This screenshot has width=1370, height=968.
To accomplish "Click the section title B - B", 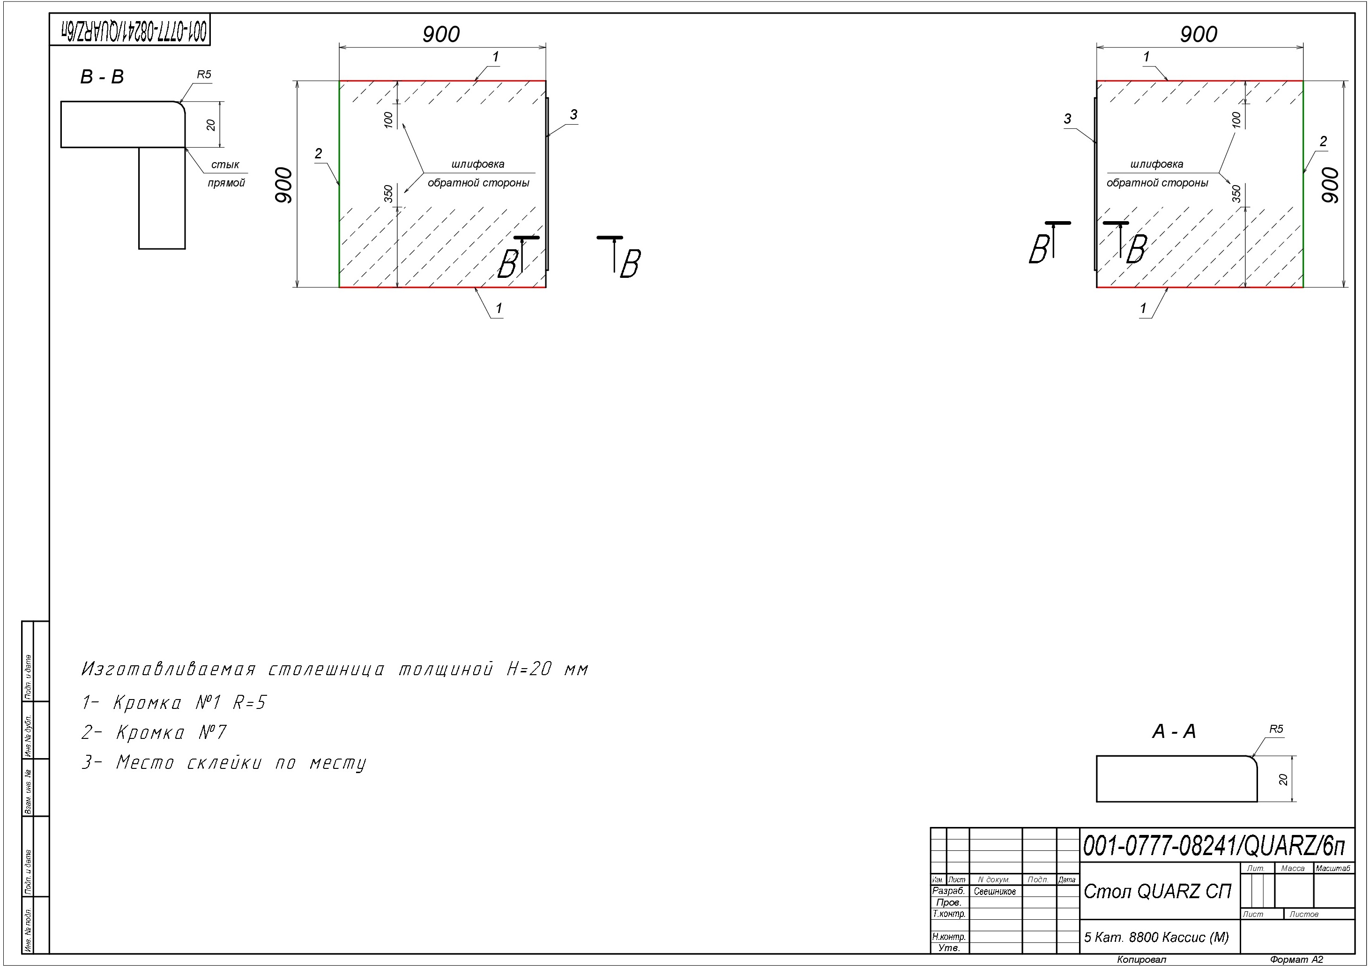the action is point(102,77).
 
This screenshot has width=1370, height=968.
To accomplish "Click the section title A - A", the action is point(1174,731).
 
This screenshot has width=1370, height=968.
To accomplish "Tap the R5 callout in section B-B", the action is point(204,74).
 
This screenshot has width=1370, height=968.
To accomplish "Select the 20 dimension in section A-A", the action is point(1283,779).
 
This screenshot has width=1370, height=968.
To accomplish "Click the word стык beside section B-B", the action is point(225,165).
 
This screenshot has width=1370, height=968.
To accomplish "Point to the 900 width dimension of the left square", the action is point(441,34).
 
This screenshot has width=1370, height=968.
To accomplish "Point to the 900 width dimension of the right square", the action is point(1199,34).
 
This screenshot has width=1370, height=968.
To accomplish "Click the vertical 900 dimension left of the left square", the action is point(284,185).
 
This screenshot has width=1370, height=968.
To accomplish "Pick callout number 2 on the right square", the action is point(1324,141).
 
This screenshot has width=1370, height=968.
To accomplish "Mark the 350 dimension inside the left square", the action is point(388,194).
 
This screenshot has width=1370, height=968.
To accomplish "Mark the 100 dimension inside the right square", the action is point(1236,119).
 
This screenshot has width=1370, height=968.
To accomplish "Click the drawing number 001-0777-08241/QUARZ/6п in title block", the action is point(1214,846).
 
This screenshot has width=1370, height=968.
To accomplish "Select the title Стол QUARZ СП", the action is point(1158,891).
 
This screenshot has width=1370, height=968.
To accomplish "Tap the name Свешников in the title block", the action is point(995,892).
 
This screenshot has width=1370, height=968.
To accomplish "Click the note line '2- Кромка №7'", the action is point(154,732).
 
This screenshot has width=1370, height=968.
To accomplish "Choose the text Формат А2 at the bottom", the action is point(1296,960).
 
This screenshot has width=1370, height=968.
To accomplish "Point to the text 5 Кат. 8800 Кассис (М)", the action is point(1156,938).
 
